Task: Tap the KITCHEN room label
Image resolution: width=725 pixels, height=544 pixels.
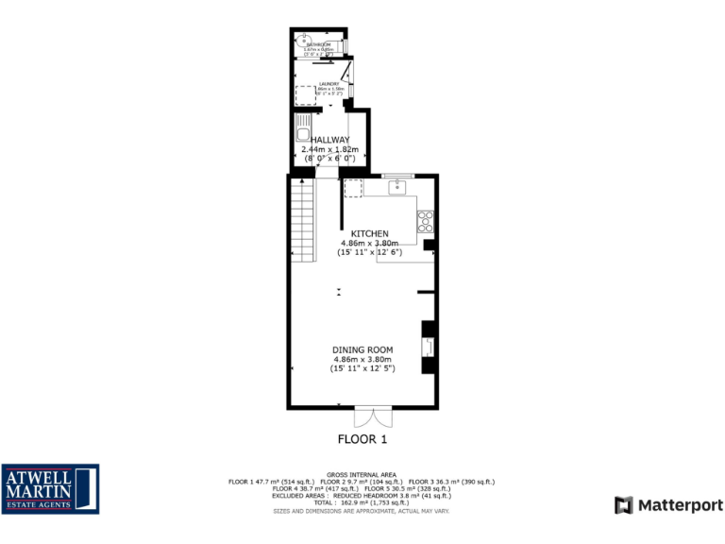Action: [x=369, y=233]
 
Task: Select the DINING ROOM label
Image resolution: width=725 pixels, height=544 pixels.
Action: [x=362, y=350]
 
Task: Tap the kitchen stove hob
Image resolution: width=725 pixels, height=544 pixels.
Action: [x=425, y=222]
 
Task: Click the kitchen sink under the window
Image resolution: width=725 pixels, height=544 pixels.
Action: [x=397, y=187]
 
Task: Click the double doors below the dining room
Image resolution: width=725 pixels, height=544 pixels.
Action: [x=373, y=417]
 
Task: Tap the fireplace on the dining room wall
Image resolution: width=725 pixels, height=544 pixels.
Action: [x=429, y=347]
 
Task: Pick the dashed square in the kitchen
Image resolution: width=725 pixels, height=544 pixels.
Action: [x=353, y=188]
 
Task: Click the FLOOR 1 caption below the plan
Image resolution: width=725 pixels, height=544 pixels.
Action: [x=362, y=439]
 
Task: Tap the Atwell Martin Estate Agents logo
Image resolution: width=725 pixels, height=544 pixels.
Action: [x=50, y=489]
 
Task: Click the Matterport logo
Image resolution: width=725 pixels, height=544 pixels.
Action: [x=668, y=505]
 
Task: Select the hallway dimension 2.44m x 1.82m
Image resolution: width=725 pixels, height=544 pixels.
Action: [x=329, y=149]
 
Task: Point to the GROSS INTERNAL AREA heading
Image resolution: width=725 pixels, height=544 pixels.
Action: [x=362, y=474]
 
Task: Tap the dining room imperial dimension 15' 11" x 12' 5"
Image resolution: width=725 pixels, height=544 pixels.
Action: [x=362, y=369]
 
